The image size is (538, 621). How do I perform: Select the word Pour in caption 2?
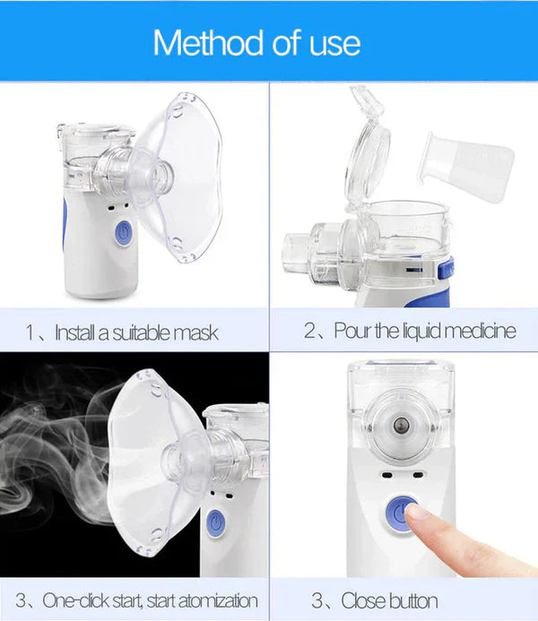point(352,331)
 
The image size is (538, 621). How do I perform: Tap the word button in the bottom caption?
point(414,600)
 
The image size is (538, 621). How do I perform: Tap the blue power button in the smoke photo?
point(215,522)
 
